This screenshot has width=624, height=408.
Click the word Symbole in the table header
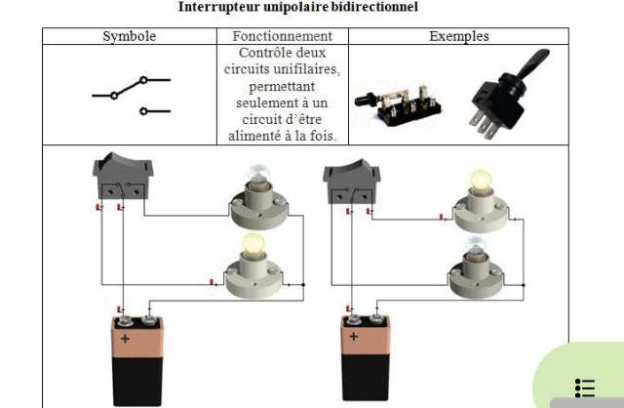(x=129, y=37)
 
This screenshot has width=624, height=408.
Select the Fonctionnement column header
(x=282, y=37)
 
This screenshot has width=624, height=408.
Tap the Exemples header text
(x=459, y=37)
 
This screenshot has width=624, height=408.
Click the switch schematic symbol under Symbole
(x=131, y=95)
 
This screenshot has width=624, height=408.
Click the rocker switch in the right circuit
(x=349, y=180)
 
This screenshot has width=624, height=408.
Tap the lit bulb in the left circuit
(x=252, y=245)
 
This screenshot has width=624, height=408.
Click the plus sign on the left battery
(x=125, y=340)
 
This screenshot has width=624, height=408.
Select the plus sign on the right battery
(x=354, y=337)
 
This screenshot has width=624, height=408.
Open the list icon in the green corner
(x=585, y=388)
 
